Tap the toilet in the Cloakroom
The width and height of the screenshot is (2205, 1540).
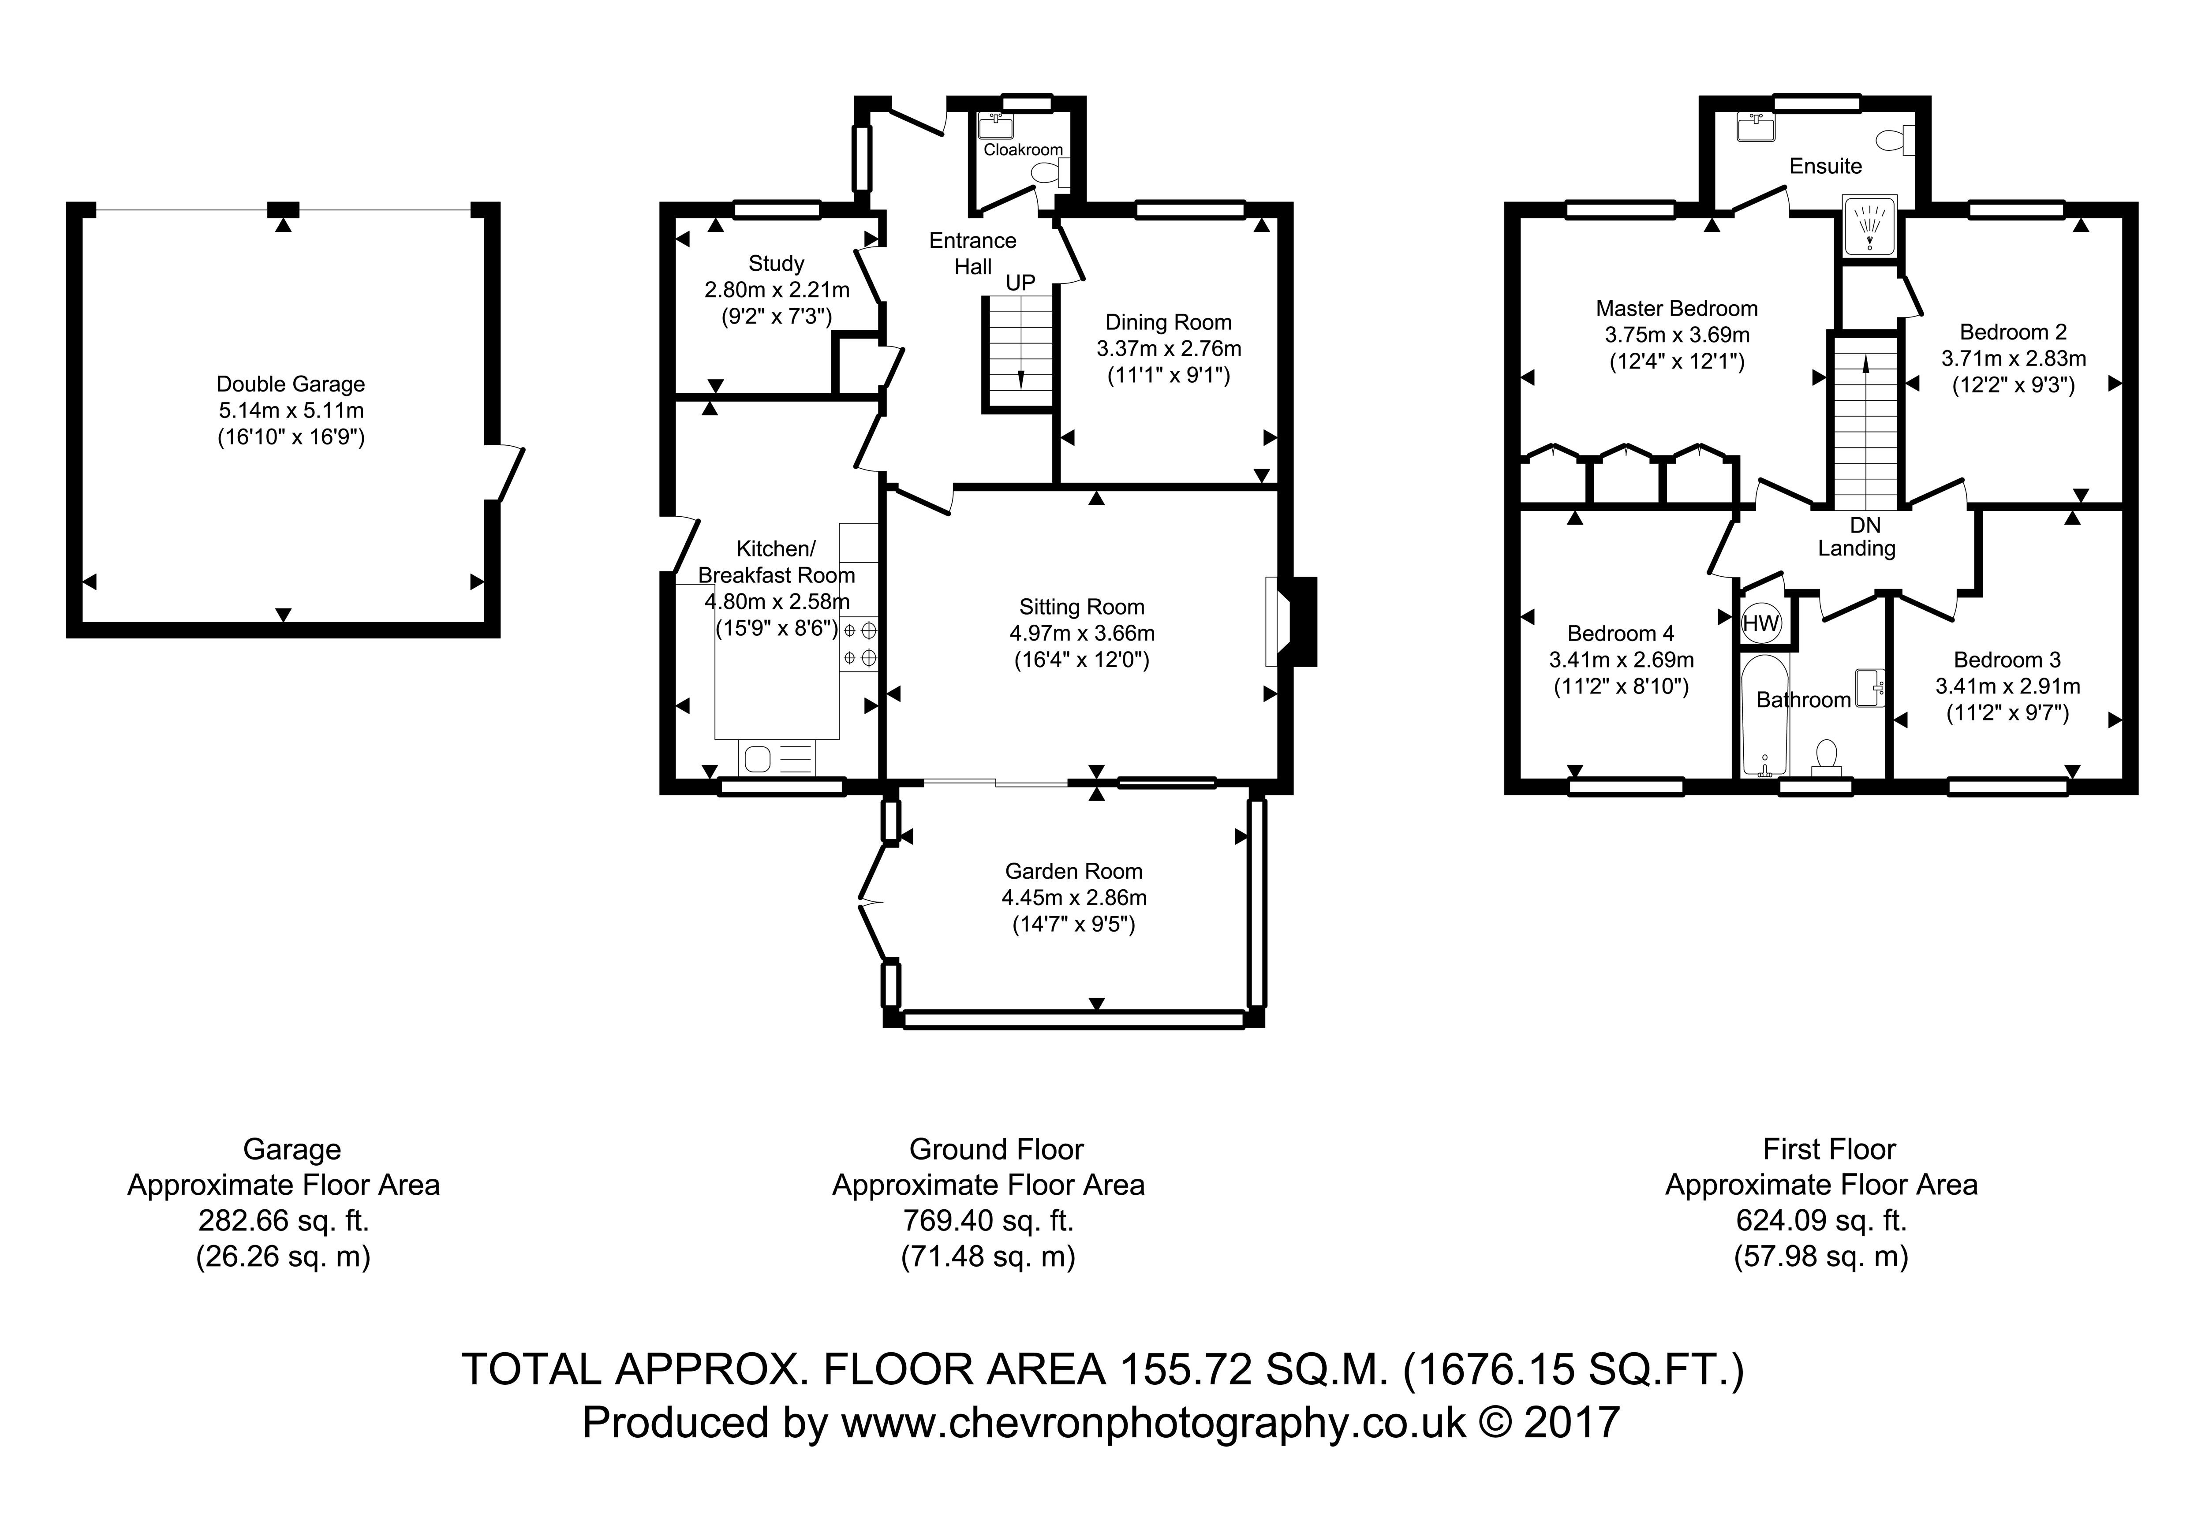[1050, 173]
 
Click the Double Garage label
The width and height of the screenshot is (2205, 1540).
[291, 384]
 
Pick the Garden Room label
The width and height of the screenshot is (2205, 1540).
[1074, 872]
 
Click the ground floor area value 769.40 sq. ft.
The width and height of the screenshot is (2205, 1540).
[988, 1220]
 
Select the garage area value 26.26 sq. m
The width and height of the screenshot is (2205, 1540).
[283, 1257]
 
